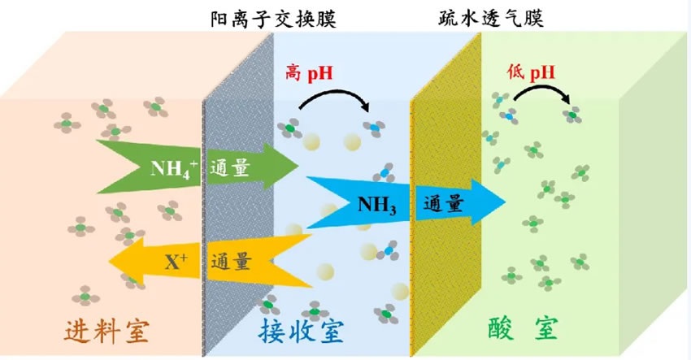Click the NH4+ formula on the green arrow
click(174, 168)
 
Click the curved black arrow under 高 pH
click(334, 94)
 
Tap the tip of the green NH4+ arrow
click(298, 166)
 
